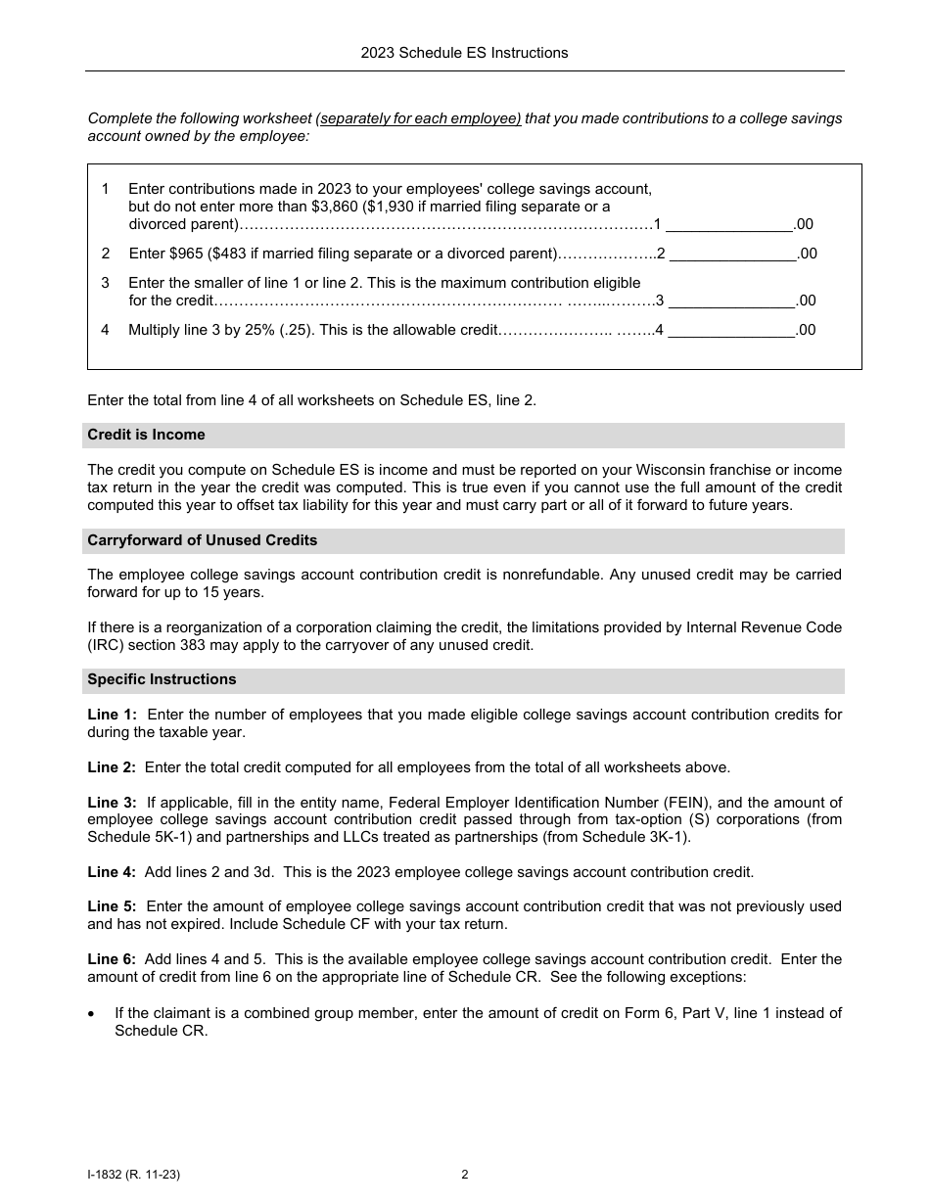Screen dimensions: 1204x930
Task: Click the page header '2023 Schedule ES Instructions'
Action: point(464,53)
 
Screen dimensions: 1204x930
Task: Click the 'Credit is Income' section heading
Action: point(146,435)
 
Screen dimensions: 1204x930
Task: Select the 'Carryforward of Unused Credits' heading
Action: point(202,540)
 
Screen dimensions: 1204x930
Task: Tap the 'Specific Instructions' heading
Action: point(162,679)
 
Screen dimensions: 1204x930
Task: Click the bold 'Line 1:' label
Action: point(112,715)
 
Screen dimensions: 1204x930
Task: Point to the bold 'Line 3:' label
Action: point(112,803)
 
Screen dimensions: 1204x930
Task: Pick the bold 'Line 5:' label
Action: point(112,906)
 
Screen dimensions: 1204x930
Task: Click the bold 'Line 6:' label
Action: point(112,959)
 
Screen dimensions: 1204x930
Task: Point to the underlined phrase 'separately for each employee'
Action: point(420,118)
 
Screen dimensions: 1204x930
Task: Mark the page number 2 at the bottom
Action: point(464,1175)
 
